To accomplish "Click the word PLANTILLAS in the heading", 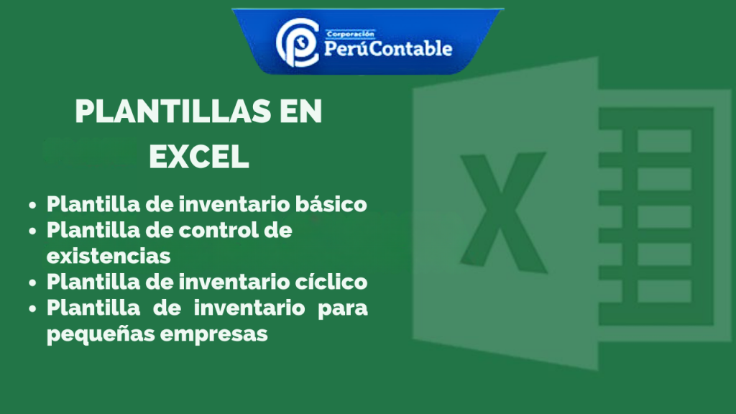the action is coord(173,111).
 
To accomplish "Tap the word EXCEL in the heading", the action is coord(199,157).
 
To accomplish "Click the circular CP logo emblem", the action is coord(297,42).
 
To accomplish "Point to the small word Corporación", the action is coord(351,34).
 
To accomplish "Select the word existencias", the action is coord(109,257).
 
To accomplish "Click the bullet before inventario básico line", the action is coord(32,205).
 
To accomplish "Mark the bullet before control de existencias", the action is coord(32,231).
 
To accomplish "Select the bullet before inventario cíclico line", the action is coord(32,282).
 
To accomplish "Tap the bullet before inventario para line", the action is coord(32,308).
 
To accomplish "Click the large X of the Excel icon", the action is coord(503,212).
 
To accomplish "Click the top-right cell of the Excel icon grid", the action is coord(664,141).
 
